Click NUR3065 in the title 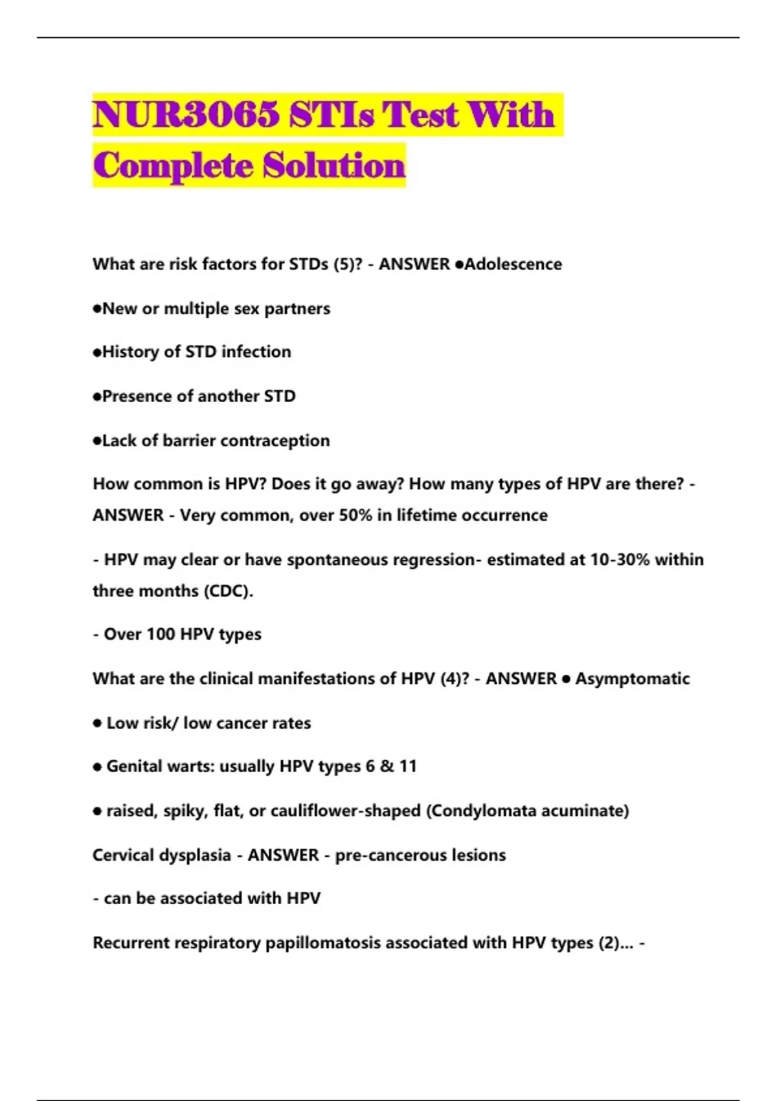click(186, 115)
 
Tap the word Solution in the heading click(334, 165)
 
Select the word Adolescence click(513, 264)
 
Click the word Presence click(137, 396)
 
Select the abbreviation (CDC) click(229, 591)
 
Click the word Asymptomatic click(633, 679)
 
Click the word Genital click(134, 767)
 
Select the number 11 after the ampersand click(408, 767)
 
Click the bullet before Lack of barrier click(97, 441)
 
